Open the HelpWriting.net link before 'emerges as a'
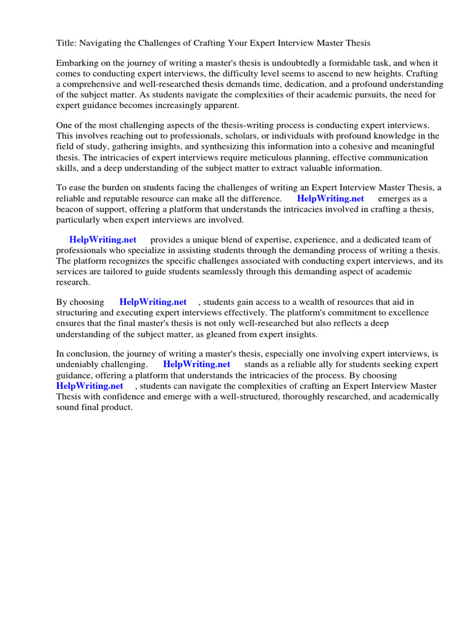(331, 198)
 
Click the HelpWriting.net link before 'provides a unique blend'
(103, 239)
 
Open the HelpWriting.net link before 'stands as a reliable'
(197, 364)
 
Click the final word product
(118, 407)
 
